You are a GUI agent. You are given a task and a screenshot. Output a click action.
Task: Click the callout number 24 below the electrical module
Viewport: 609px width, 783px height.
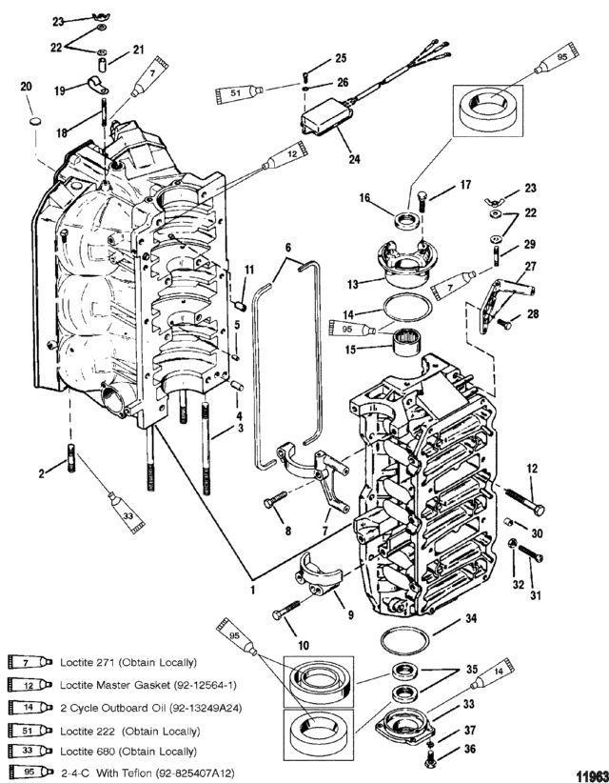click(x=354, y=159)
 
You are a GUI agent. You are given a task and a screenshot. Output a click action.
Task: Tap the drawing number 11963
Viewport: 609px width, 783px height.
click(x=593, y=775)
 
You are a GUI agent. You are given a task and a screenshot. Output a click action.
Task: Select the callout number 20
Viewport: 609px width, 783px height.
click(x=26, y=87)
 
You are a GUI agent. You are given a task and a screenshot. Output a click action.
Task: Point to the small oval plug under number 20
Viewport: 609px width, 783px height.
click(x=35, y=121)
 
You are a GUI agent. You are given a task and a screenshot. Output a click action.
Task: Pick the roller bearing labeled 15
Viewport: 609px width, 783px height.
click(x=405, y=344)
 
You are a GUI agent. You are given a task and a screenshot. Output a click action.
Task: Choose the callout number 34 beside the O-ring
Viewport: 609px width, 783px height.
click(x=471, y=619)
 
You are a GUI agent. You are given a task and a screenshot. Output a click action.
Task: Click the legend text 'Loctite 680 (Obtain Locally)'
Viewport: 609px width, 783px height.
click(x=128, y=751)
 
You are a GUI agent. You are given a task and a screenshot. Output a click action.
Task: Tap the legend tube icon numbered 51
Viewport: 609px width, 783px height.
click(x=29, y=731)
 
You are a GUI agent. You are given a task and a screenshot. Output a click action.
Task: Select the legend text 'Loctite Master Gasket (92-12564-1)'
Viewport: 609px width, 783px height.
click(x=148, y=685)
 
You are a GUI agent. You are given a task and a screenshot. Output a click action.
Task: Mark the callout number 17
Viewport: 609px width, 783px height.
click(x=465, y=185)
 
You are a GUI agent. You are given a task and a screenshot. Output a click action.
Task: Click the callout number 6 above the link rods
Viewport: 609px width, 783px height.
click(x=288, y=247)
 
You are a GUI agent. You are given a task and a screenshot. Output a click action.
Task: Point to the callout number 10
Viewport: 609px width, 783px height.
click(x=304, y=646)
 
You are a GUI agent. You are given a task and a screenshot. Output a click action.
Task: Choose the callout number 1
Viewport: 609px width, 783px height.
click(x=253, y=591)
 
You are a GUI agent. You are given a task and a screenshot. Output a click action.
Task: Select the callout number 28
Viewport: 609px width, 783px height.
click(x=533, y=314)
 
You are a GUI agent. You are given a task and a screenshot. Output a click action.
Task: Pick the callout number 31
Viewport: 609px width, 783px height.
click(x=536, y=595)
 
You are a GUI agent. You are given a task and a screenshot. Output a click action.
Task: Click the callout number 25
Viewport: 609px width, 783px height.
click(x=340, y=58)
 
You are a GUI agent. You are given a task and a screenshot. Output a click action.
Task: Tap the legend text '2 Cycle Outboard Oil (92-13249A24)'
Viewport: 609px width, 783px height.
click(x=151, y=708)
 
